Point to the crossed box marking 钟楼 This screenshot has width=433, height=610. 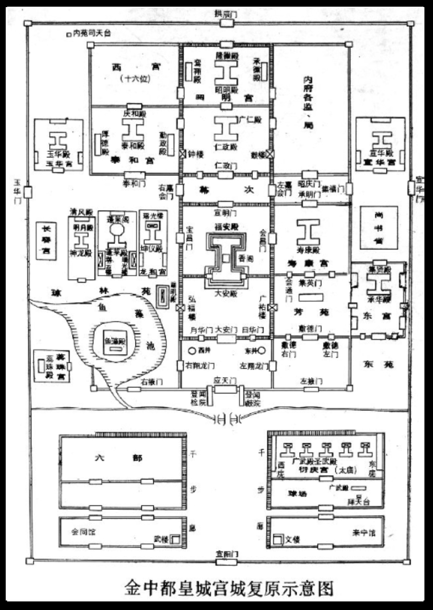182,154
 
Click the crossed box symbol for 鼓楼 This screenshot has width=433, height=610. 270,154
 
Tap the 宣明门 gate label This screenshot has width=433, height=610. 225,213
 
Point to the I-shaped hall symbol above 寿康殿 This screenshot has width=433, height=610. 308,233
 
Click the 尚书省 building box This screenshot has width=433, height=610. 379,227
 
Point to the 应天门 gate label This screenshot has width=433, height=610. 225,381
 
